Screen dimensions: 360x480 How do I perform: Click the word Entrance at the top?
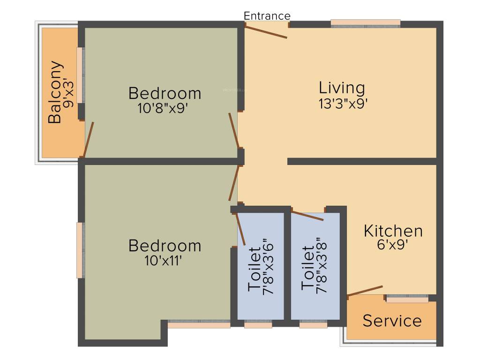click(x=267, y=15)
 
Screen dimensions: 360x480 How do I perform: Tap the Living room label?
click(x=342, y=88)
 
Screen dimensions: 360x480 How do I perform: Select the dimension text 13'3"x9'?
click(x=342, y=104)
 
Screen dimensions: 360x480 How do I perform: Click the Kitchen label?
click(x=393, y=231)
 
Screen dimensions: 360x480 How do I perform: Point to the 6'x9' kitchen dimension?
click(x=393, y=246)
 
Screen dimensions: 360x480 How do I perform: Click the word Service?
click(x=392, y=321)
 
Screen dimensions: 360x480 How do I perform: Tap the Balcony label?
click(x=55, y=92)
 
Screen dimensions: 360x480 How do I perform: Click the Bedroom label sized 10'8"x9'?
click(x=165, y=93)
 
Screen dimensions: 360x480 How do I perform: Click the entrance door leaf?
click(x=266, y=31)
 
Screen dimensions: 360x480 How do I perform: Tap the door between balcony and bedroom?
click(x=89, y=139)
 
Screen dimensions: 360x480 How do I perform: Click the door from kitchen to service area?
click(x=365, y=291)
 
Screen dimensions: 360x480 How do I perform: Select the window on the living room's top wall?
click(x=366, y=23)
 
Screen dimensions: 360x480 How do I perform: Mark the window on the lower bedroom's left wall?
click(x=81, y=250)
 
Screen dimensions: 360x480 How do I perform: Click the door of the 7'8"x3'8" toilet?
click(x=307, y=216)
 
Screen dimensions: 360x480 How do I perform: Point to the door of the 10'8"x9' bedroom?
click(x=233, y=130)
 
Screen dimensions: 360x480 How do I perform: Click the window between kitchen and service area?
click(x=407, y=299)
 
